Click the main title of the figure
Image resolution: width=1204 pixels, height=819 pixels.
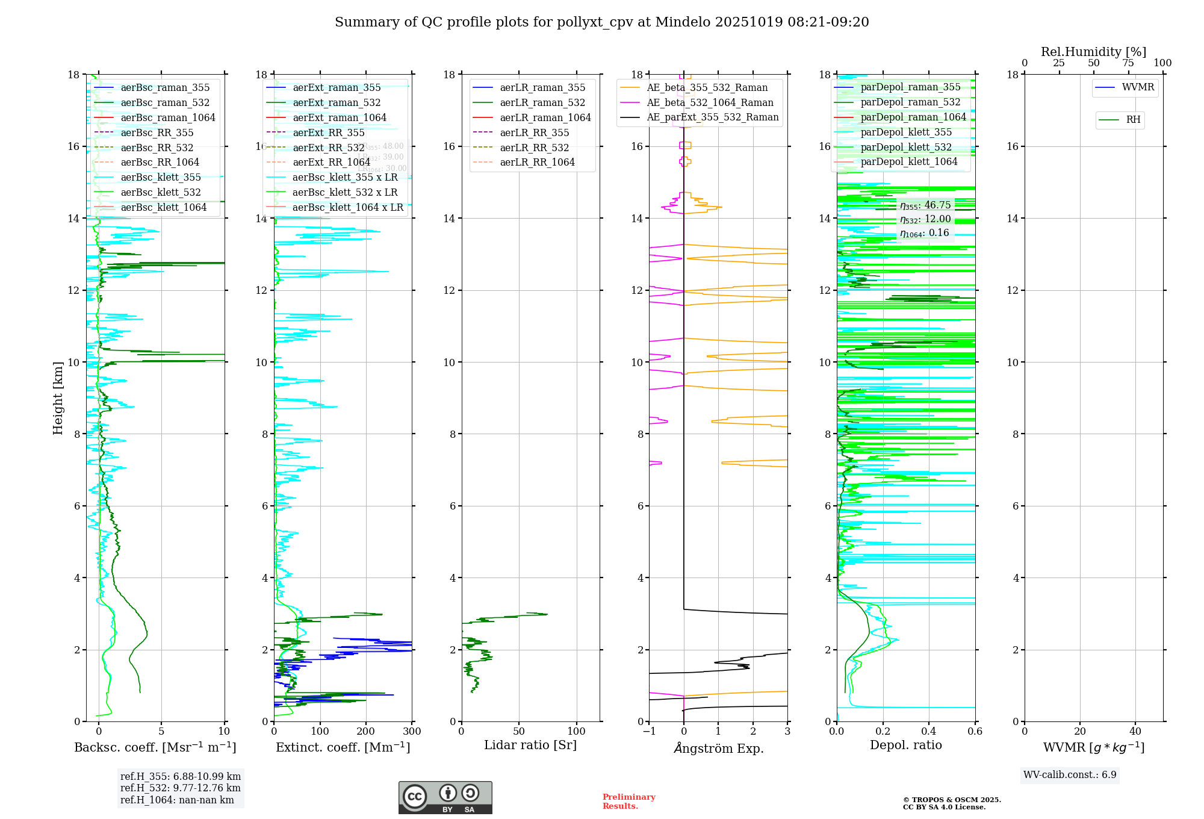[601, 22]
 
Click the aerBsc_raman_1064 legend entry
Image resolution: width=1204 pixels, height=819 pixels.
[167, 117]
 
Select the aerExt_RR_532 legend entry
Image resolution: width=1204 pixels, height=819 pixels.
[328, 148]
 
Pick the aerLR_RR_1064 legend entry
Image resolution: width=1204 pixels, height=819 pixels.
[537, 162]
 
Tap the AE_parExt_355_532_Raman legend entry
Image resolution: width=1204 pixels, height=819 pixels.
[712, 117]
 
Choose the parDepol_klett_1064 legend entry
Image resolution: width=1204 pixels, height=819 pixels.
[908, 161]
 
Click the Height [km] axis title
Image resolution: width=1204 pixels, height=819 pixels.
[58, 397]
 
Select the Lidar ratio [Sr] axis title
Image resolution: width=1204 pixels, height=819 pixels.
[530, 745]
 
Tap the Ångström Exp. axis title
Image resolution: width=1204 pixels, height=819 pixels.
[718, 748]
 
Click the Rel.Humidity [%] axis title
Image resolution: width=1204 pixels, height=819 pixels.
[1093, 52]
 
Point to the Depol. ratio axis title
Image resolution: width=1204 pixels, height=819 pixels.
[905, 745]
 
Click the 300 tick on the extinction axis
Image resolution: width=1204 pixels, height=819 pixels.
[412, 732]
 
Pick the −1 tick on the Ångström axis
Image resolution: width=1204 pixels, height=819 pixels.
[649, 732]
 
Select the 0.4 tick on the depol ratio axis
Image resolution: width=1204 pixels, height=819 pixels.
[929, 732]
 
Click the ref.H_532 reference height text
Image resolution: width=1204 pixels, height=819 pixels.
[180, 788]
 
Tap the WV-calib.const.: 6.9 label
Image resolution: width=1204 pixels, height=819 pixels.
[1070, 775]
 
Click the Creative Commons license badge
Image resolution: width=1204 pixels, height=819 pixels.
[445, 797]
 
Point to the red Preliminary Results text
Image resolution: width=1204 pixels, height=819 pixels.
[628, 802]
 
